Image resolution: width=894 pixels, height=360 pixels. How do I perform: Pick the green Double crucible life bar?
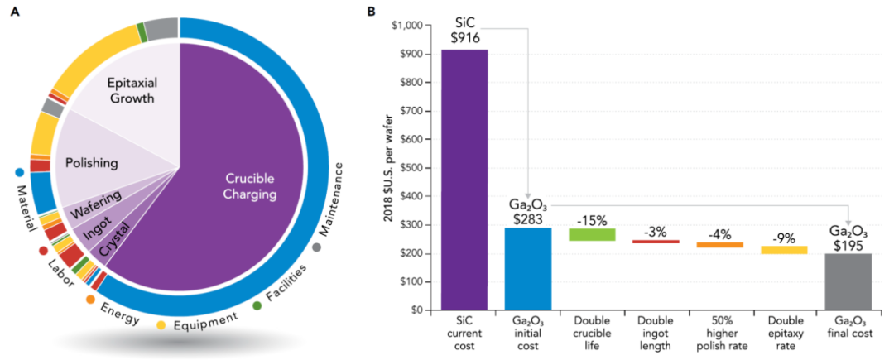tap(592, 234)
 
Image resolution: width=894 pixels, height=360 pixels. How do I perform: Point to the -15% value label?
tap(592, 220)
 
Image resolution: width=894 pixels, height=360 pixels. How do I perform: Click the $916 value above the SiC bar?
tap(464, 37)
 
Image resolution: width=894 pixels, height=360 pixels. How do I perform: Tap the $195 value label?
tap(849, 243)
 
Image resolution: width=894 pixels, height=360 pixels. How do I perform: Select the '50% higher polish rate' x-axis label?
tap(720, 331)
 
